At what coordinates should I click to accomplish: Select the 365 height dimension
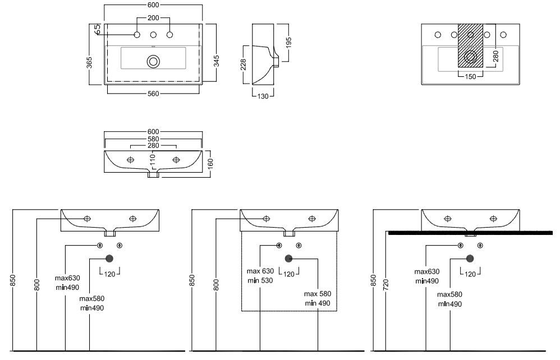coord(90,62)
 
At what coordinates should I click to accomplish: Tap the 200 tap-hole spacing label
coord(153,18)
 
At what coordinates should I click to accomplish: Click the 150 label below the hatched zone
coord(470,76)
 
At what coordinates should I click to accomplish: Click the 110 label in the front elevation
coord(152,161)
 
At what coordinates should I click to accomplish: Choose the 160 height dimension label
coord(210,163)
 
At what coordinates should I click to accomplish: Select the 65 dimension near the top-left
coord(97,29)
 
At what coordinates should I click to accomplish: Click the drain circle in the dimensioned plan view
coord(153,61)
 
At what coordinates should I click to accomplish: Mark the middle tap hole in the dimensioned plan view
coord(153,35)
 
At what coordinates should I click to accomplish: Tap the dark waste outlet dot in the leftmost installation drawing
coord(109,259)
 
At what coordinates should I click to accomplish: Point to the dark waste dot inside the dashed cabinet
coord(288,259)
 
